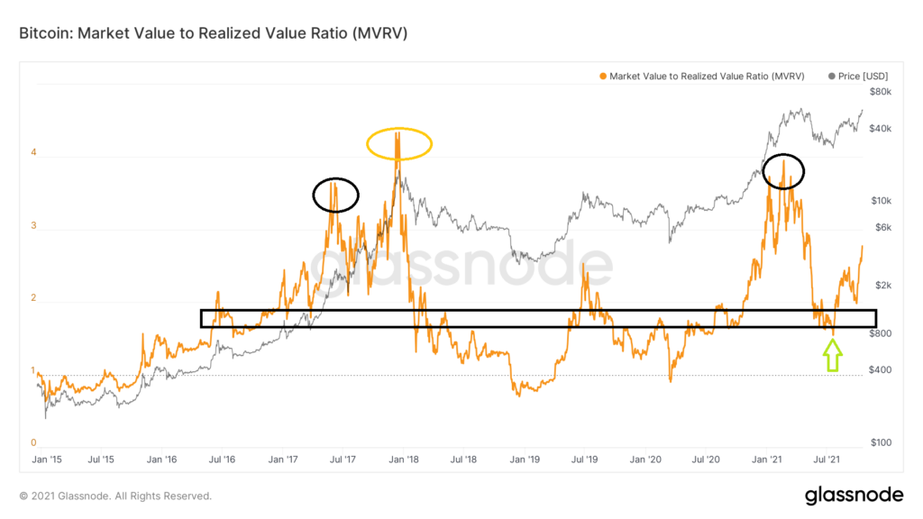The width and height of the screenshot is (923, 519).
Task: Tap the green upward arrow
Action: tap(832, 356)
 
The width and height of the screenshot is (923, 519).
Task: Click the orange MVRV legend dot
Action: tap(603, 77)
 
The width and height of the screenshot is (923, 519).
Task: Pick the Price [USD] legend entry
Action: tap(858, 77)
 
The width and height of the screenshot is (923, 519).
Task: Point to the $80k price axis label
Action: tap(881, 92)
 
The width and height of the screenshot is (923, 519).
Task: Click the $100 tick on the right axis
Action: tap(882, 442)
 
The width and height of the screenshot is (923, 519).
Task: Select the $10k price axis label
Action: tap(882, 201)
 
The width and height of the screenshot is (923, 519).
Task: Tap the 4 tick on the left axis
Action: tap(33, 152)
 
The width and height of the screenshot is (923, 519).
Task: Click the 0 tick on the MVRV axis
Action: tap(33, 442)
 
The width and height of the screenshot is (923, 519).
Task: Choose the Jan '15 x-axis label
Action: tap(47, 460)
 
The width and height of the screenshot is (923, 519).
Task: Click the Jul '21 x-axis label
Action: tap(827, 460)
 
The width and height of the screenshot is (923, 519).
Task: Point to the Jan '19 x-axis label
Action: tap(525, 460)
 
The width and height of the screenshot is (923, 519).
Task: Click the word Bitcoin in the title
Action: tap(45, 33)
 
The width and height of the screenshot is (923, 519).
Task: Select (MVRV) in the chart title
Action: tap(380, 33)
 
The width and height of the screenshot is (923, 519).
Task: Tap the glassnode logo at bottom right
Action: tap(854, 496)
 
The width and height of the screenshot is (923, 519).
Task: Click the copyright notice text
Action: tap(115, 496)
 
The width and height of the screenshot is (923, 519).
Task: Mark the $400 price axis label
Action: tap(881, 369)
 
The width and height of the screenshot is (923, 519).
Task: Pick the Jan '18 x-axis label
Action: tap(404, 460)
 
